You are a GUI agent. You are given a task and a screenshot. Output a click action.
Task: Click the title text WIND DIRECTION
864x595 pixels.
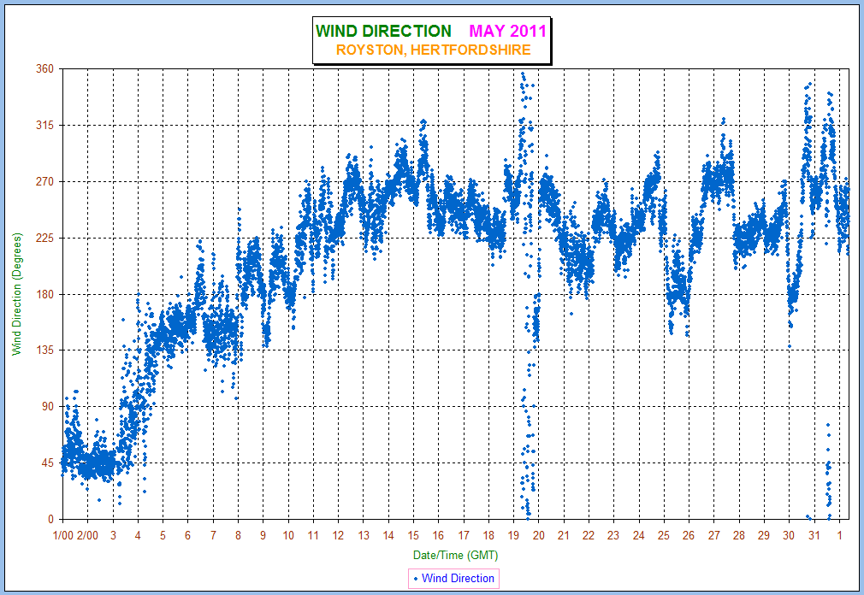[x=383, y=32]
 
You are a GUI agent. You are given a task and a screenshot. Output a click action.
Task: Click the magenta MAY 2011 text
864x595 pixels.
[x=507, y=32]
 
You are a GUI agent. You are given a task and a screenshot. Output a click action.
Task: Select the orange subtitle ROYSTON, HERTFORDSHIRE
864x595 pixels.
[x=433, y=50]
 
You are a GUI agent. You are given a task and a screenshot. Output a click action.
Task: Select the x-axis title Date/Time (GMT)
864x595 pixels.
[x=455, y=555]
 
